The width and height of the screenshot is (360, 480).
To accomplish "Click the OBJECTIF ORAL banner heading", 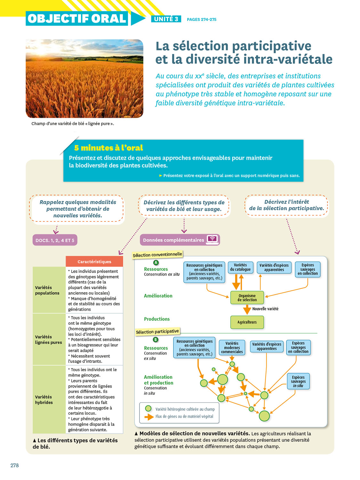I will click(x=77, y=19).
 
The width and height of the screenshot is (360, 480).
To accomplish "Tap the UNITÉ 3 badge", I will click(x=166, y=19).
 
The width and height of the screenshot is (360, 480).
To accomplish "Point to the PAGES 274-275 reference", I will click(x=202, y=20).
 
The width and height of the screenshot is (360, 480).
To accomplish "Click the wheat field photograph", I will click(x=84, y=78).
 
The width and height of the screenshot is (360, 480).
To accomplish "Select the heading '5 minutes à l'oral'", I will click(x=108, y=148).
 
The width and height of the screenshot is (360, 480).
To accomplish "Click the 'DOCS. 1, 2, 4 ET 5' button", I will click(x=55, y=240).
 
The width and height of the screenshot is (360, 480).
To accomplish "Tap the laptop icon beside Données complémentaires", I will click(x=212, y=239).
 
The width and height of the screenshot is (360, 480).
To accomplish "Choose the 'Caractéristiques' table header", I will click(x=94, y=262).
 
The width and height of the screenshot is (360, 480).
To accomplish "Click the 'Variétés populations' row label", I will click(x=47, y=290).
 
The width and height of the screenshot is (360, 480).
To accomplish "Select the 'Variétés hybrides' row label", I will click(x=44, y=400).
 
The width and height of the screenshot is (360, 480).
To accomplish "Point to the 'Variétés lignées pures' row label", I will click(x=49, y=340).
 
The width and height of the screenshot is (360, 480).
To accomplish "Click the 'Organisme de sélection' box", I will click(x=247, y=298).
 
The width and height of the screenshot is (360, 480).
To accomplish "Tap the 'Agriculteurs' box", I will click(x=247, y=322).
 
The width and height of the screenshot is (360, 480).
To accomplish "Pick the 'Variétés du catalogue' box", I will click(x=240, y=268).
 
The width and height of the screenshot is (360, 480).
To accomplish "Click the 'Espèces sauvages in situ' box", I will click(x=298, y=381).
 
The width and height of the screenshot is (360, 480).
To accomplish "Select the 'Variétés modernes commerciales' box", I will click(x=232, y=348).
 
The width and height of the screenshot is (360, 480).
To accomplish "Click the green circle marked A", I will click(x=156, y=263).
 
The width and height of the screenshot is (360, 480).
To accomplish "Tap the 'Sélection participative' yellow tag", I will click(x=157, y=332).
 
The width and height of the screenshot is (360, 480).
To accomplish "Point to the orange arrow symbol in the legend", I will click(x=149, y=417).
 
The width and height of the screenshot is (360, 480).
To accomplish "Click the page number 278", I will click(x=15, y=465).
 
